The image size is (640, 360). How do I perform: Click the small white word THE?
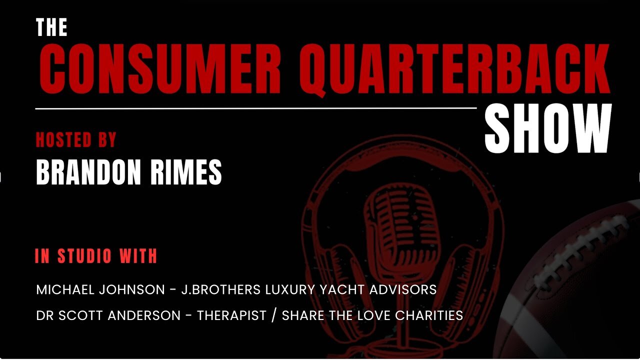click(x=51, y=27)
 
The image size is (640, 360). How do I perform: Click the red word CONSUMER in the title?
click(x=160, y=69)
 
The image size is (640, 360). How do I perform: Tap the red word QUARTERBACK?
click(x=459, y=70)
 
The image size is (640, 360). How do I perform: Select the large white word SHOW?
click(x=548, y=128)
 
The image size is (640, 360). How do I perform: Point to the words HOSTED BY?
click(x=76, y=139)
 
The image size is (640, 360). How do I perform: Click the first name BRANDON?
click(x=88, y=172)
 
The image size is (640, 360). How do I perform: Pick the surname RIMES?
click(x=186, y=172)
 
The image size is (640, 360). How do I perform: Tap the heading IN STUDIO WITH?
click(x=96, y=255)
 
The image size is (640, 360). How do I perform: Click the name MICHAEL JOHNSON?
click(x=100, y=289)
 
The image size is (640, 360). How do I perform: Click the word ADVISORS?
click(x=403, y=289)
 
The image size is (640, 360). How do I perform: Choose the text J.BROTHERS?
click(x=221, y=289)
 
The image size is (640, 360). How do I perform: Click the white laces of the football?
click(x=580, y=249)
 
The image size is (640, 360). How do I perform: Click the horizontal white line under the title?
click(x=256, y=108)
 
